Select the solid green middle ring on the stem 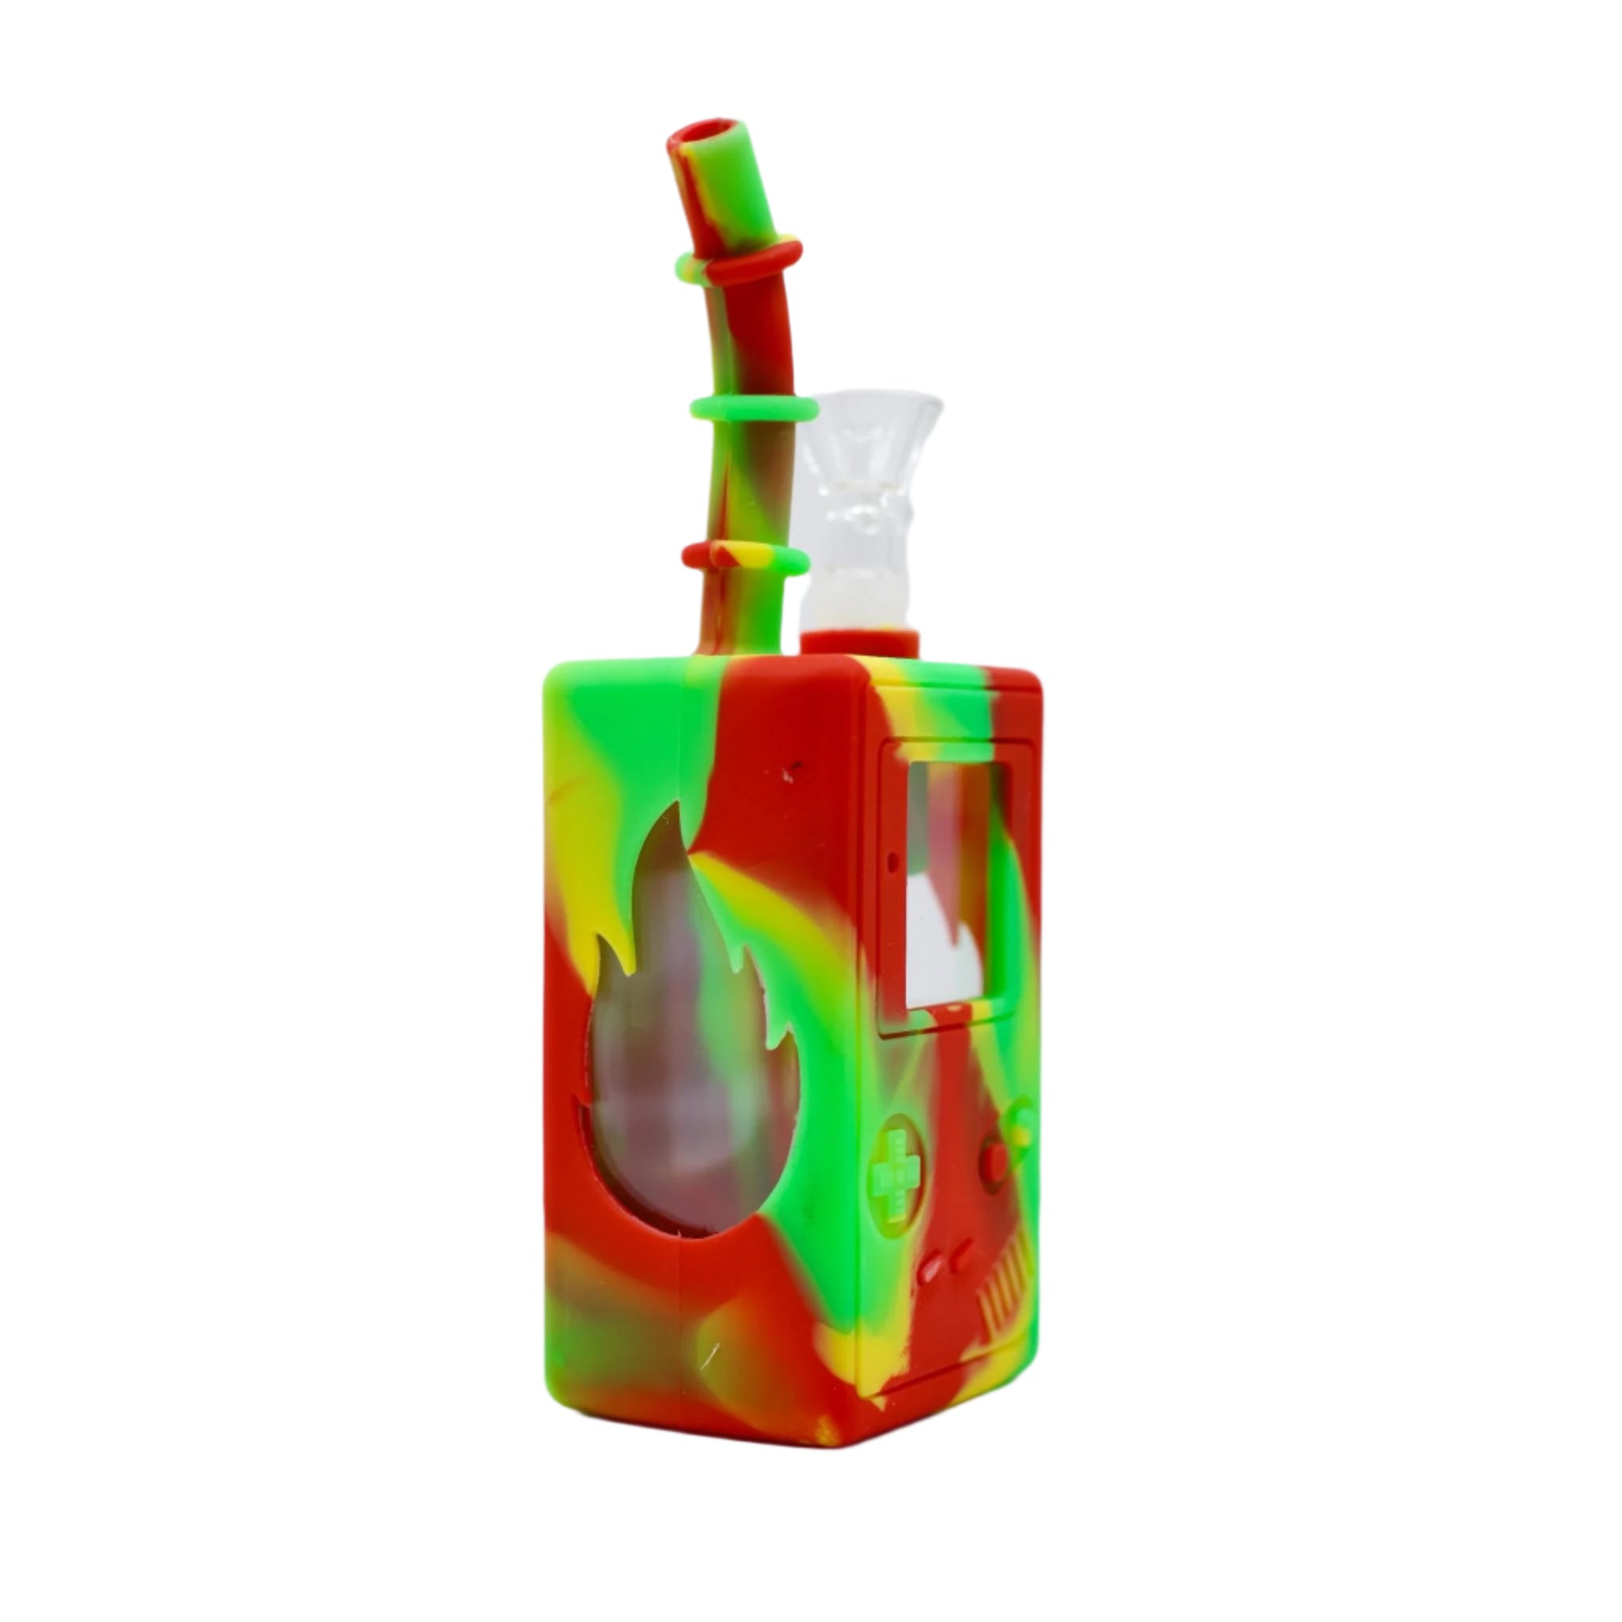[x=753, y=409]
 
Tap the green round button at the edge [x=1022, y=1121]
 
